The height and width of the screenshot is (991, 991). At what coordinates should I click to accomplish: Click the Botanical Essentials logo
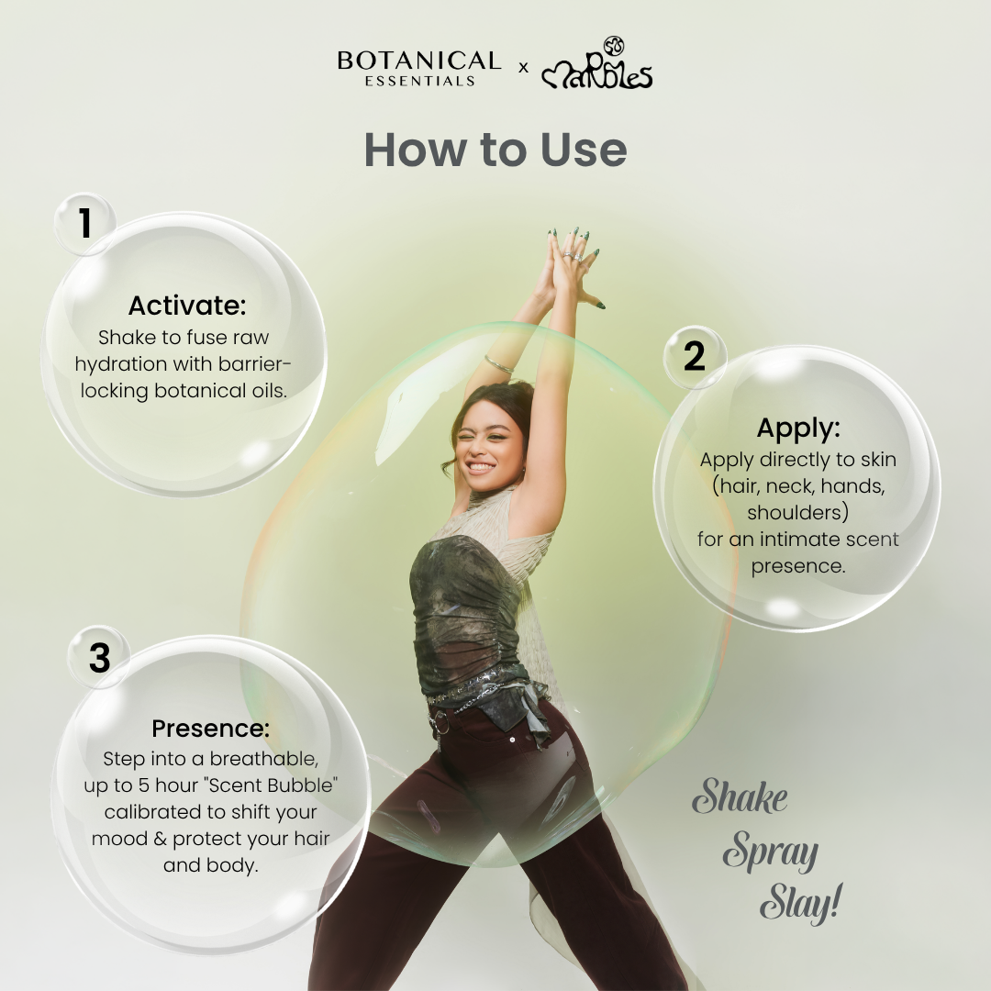(x=419, y=68)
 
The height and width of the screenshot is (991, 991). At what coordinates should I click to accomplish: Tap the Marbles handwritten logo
(x=596, y=63)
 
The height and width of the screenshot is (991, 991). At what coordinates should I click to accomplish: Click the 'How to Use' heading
(x=495, y=150)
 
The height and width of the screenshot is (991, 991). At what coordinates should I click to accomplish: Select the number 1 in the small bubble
(x=85, y=223)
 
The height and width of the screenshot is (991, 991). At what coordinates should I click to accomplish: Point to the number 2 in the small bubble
(x=694, y=356)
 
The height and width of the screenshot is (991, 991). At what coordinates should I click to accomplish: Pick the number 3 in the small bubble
(x=99, y=658)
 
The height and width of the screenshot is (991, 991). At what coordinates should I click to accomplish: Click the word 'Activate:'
(x=187, y=306)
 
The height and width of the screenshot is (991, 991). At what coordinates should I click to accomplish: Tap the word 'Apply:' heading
(x=798, y=429)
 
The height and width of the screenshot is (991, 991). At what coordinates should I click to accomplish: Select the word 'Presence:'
(x=210, y=728)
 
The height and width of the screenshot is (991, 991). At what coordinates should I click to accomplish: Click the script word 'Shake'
(x=740, y=797)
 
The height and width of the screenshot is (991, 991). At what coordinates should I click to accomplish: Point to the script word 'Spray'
(x=771, y=852)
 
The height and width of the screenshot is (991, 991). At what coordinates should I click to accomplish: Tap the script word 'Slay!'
(x=801, y=903)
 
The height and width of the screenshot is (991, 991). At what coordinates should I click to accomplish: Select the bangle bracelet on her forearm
(x=499, y=364)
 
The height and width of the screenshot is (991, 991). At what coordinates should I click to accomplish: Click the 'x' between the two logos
(x=523, y=67)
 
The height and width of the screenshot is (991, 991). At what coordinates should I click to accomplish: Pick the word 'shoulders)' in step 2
(x=797, y=512)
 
